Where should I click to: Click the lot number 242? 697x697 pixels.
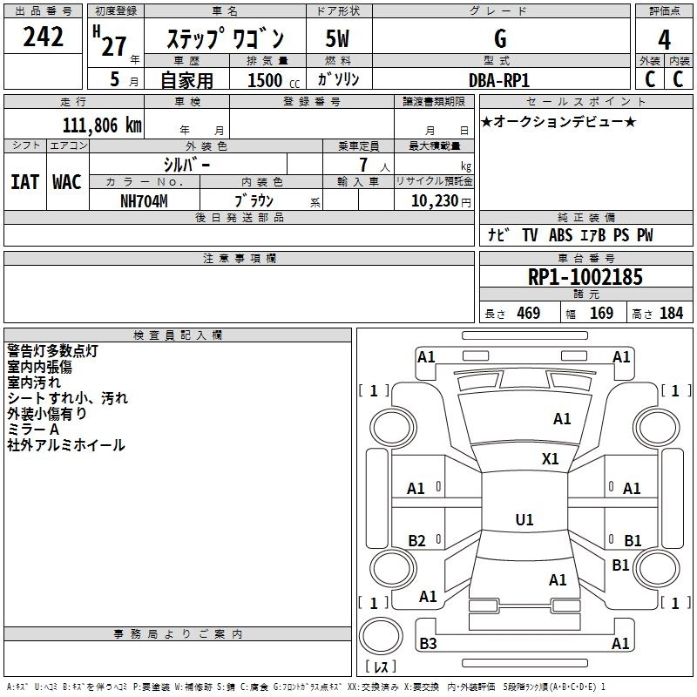coord(43,37)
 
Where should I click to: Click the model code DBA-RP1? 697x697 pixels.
coord(499,79)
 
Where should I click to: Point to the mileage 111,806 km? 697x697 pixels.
coord(102,125)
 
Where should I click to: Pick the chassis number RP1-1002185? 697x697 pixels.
coord(585,278)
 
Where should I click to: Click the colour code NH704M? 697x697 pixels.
coord(144,200)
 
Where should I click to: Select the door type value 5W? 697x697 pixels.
coord(337,38)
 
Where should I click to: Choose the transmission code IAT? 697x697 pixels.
coord(24,182)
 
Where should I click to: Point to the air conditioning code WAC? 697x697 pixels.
coord(66,182)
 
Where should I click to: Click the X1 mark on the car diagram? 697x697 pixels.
coord(551,459)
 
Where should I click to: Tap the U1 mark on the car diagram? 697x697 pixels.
coord(524,520)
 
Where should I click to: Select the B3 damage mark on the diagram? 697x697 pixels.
coord(428,644)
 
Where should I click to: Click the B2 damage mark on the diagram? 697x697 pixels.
coord(417,541)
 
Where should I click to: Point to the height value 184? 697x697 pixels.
coord(671,314)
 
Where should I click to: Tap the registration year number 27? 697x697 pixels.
coord(113,45)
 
